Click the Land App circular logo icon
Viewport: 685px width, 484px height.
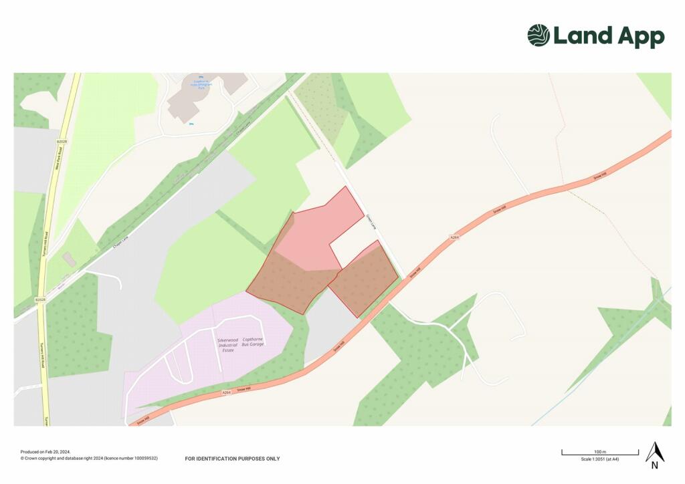(x=539, y=35)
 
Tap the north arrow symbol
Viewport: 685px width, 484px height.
(x=654, y=455)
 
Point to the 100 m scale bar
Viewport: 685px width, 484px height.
(x=599, y=454)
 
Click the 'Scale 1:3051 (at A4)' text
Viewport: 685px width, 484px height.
(x=600, y=459)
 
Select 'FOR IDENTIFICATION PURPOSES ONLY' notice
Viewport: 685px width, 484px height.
(x=232, y=459)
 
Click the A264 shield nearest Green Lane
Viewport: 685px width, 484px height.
(x=454, y=237)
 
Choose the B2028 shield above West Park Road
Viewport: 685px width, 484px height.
(x=62, y=142)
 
